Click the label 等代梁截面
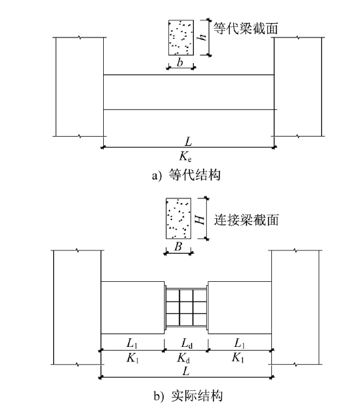246,28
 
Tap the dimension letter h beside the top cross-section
202,37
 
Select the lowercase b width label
180,62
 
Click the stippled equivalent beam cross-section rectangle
181,37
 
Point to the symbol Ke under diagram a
185,156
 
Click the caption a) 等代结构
186,175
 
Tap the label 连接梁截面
246,219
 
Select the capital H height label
200,219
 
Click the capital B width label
178,246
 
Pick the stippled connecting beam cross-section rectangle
178,218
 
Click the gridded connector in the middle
186,307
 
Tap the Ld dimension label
187,344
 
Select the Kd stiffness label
183,357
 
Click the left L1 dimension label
132,343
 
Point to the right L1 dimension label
239,343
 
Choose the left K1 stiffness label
132,357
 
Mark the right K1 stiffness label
238,357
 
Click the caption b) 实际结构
188,396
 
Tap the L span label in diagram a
189,141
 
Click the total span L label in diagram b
186,371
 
